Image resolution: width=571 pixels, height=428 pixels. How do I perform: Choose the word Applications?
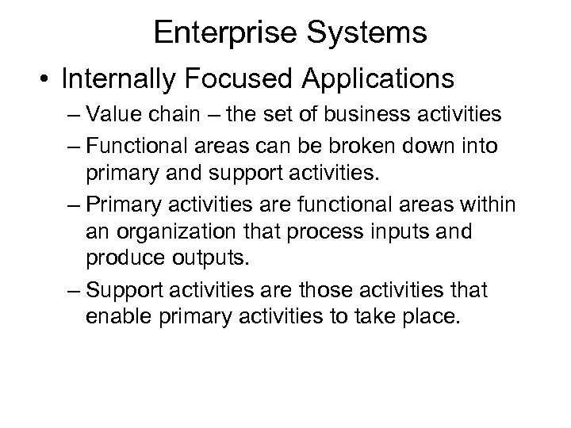pyautogui.click(x=387, y=80)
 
